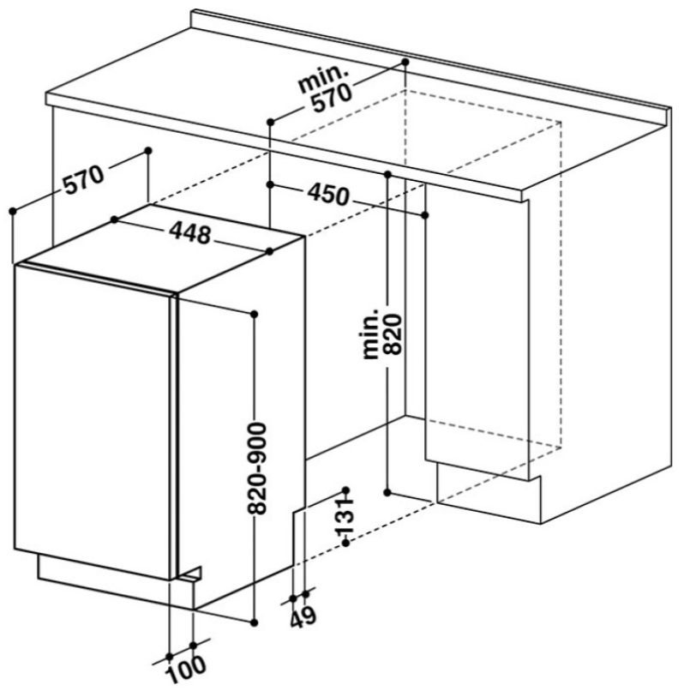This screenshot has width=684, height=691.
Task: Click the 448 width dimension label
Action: click(x=190, y=232)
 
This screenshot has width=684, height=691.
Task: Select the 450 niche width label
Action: click(x=328, y=195)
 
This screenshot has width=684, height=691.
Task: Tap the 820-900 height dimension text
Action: click(x=257, y=468)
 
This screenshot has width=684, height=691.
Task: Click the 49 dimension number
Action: click(x=303, y=616)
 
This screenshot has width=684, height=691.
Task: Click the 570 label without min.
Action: click(x=84, y=178)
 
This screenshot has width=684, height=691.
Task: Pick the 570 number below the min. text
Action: click(x=332, y=98)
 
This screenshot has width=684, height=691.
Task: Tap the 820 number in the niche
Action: click(x=392, y=334)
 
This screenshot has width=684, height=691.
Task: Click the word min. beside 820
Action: click(x=370, y=333)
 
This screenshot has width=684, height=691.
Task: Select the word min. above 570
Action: click(x=323, y=78)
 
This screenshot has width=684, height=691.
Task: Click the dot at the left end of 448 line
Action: click(x=115, y=219)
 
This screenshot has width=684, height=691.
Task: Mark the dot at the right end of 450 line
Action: click(x=425, y=215)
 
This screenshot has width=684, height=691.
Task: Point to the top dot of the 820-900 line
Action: click(x=254, y=314)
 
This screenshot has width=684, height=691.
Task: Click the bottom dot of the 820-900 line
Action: click(x=254, y=622)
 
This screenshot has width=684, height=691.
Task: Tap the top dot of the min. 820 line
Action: click(x=387, y=175)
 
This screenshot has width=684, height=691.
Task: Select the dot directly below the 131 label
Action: click(x=346, y=544)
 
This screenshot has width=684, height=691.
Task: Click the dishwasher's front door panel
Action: click(x=93, y=421)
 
